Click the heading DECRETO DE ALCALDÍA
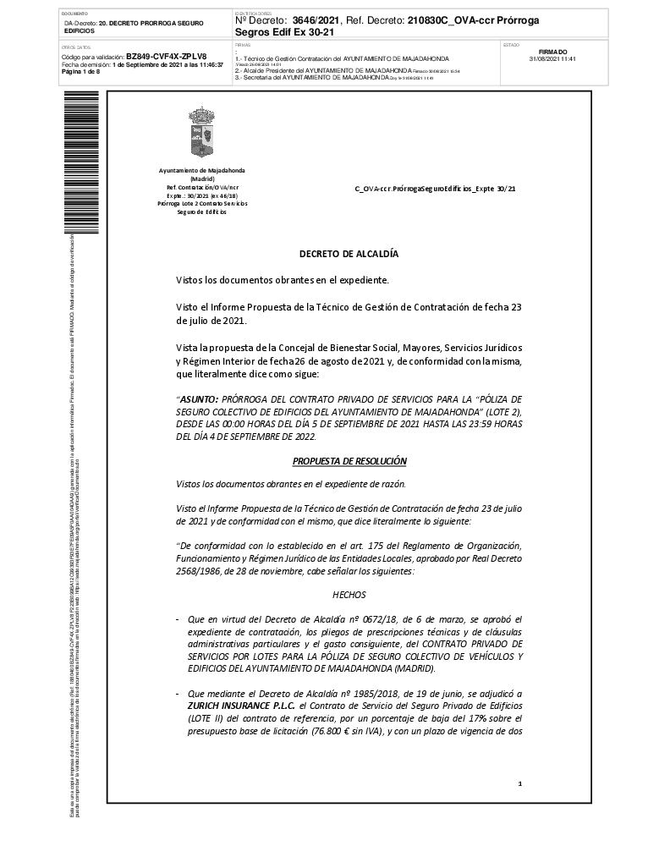coord(349,253)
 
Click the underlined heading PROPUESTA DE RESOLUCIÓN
coord(349,461)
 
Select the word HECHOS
coord(349,596)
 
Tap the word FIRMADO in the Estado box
coord(552,52)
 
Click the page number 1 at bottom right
coord(519,785)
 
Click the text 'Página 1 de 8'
coord(81,71)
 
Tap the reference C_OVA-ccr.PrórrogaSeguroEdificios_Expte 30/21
coord(434,189)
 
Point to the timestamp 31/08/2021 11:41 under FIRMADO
coord(552,59)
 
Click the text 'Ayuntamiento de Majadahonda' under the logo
coord(202,171)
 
